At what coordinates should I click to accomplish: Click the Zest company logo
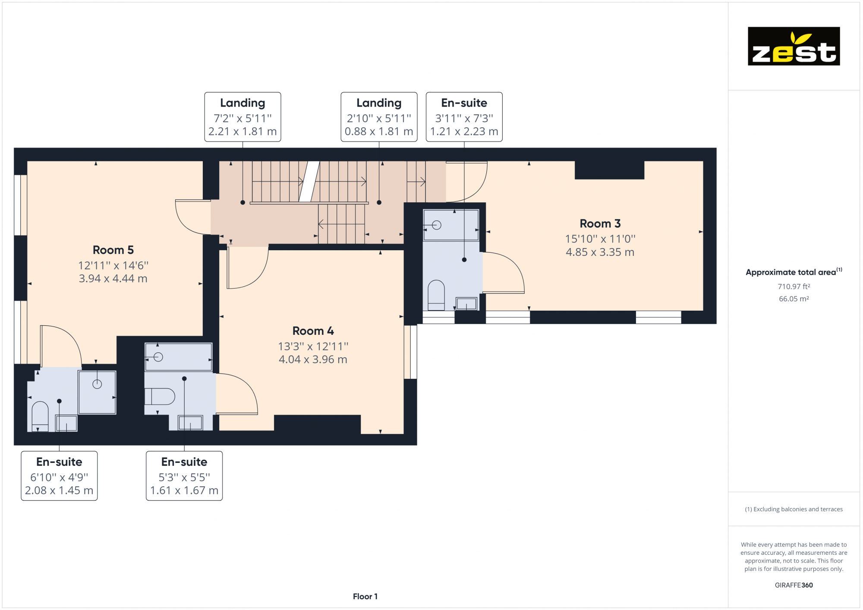(x=794, y=46)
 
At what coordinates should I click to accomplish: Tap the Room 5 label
(x=113, y=250)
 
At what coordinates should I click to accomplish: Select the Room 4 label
(x=313, y=331)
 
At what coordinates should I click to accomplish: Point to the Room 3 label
(x=600, y=223)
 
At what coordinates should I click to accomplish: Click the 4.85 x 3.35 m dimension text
(x=600, y=252)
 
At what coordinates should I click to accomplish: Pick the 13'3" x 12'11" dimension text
(x=313, y=346)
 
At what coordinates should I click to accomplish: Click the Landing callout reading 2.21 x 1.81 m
(x=243, y=117)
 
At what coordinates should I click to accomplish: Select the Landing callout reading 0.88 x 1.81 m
(x=379, y=117)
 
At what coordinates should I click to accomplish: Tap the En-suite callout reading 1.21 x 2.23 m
(x=464, y=117)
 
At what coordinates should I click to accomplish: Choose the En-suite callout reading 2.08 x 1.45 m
(x=59, y=476)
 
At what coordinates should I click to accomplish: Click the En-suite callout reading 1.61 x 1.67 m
(x=184, y=476)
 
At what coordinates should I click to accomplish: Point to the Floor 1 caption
(x=365, y=597)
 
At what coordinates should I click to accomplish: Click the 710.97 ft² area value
(x=794, y=286)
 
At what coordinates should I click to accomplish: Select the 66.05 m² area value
(x=794, y=299)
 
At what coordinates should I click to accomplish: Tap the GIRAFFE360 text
(x=794, y=585)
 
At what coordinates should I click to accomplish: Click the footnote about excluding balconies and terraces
(x=794, y=509)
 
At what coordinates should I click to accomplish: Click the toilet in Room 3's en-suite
(x=436, y=295)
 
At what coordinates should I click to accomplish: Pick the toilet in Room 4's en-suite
(x=159, y=396)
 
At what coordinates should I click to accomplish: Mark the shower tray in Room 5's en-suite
(x=97, y=392)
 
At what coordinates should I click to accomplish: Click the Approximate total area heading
(x=794, y=272)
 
